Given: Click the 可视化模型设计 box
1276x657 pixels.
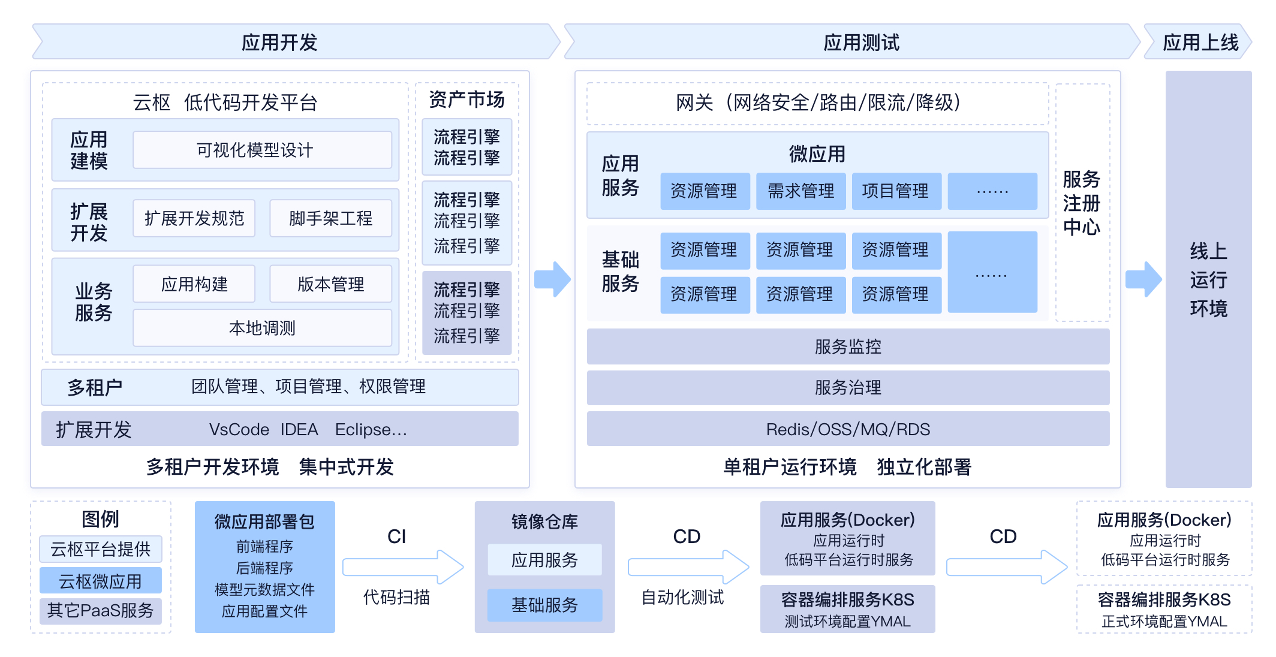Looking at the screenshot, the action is click(262, 150).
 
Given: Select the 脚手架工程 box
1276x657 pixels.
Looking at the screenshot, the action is click(330, 218).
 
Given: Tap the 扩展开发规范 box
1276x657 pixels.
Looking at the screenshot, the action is click(194, 218).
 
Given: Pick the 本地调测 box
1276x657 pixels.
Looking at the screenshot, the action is click(262, 328).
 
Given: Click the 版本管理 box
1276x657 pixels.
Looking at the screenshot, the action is click(330, 284).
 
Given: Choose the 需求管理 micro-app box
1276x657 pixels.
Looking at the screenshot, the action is click(800, 191).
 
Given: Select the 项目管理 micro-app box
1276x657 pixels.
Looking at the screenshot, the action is click(896, 191).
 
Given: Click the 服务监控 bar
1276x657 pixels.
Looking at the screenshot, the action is click(848, 346).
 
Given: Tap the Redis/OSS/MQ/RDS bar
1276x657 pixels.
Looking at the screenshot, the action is click(848, 429).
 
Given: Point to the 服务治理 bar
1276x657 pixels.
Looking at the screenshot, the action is click(848, 387).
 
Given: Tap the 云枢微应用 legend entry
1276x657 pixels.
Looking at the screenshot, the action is click(101, 581).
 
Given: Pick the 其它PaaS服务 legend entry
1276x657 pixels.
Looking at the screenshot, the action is click(101, 611).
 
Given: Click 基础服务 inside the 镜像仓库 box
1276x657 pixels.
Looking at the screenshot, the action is click(544, 605).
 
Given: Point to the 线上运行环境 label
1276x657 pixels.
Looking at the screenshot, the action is click(1209, 279).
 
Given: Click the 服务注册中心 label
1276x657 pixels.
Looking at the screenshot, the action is click(1082, 203).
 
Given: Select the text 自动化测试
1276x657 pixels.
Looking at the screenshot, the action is click(682, 597).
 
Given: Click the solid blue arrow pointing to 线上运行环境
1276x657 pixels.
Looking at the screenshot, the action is click(1143, 279).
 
